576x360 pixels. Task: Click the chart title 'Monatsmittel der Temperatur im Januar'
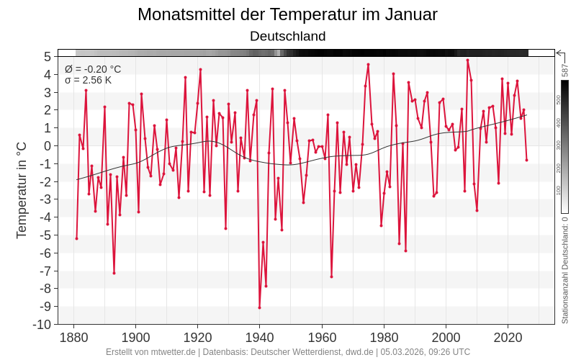point(287,14)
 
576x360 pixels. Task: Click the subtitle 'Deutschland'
point(287,36)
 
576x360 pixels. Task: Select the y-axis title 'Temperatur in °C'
point(22,190)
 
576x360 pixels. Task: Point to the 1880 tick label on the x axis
point(73,337)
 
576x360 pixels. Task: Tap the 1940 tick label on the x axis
point(259,337)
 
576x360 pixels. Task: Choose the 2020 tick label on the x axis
point(508,337)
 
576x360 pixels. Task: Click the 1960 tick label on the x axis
point(322,337)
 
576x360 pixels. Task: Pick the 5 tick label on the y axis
point(47,56)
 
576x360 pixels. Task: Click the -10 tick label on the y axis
point(42,324)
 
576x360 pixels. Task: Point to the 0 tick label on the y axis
point(47,145)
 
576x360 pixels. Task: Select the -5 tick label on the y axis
point(44,235)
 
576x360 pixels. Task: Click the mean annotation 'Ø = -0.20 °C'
point(93,69)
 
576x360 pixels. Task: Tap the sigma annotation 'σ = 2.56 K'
point(88,80)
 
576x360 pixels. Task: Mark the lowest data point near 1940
point(259,307)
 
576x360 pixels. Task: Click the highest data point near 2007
point(467,60)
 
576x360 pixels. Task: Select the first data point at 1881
point(76,238)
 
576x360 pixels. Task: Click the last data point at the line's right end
point(526,160)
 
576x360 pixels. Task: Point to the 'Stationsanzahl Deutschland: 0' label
point(565,271)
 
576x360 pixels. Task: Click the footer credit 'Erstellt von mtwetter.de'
point(150,352)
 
